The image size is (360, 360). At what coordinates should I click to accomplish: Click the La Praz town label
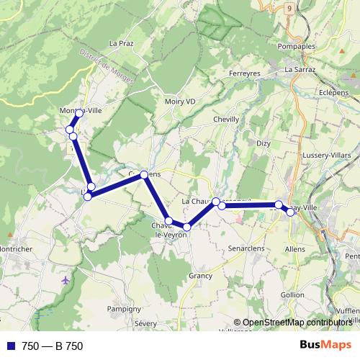point(121,43)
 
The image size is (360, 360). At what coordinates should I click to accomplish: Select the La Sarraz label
point(299,70)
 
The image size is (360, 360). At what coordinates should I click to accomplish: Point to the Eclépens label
point(334,93)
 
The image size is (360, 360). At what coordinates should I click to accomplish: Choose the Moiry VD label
point(180,102)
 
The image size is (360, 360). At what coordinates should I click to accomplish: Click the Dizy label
point(263,143)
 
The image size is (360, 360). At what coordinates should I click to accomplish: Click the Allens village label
point(295,248)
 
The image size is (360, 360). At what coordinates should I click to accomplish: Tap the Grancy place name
point(200,275)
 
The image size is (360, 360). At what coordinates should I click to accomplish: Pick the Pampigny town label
point(123,308)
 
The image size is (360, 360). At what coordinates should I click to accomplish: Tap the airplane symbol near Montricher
point(67,279)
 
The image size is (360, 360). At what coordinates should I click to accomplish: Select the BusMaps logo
point(326,346)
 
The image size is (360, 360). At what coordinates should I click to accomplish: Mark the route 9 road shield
point(289,8)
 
